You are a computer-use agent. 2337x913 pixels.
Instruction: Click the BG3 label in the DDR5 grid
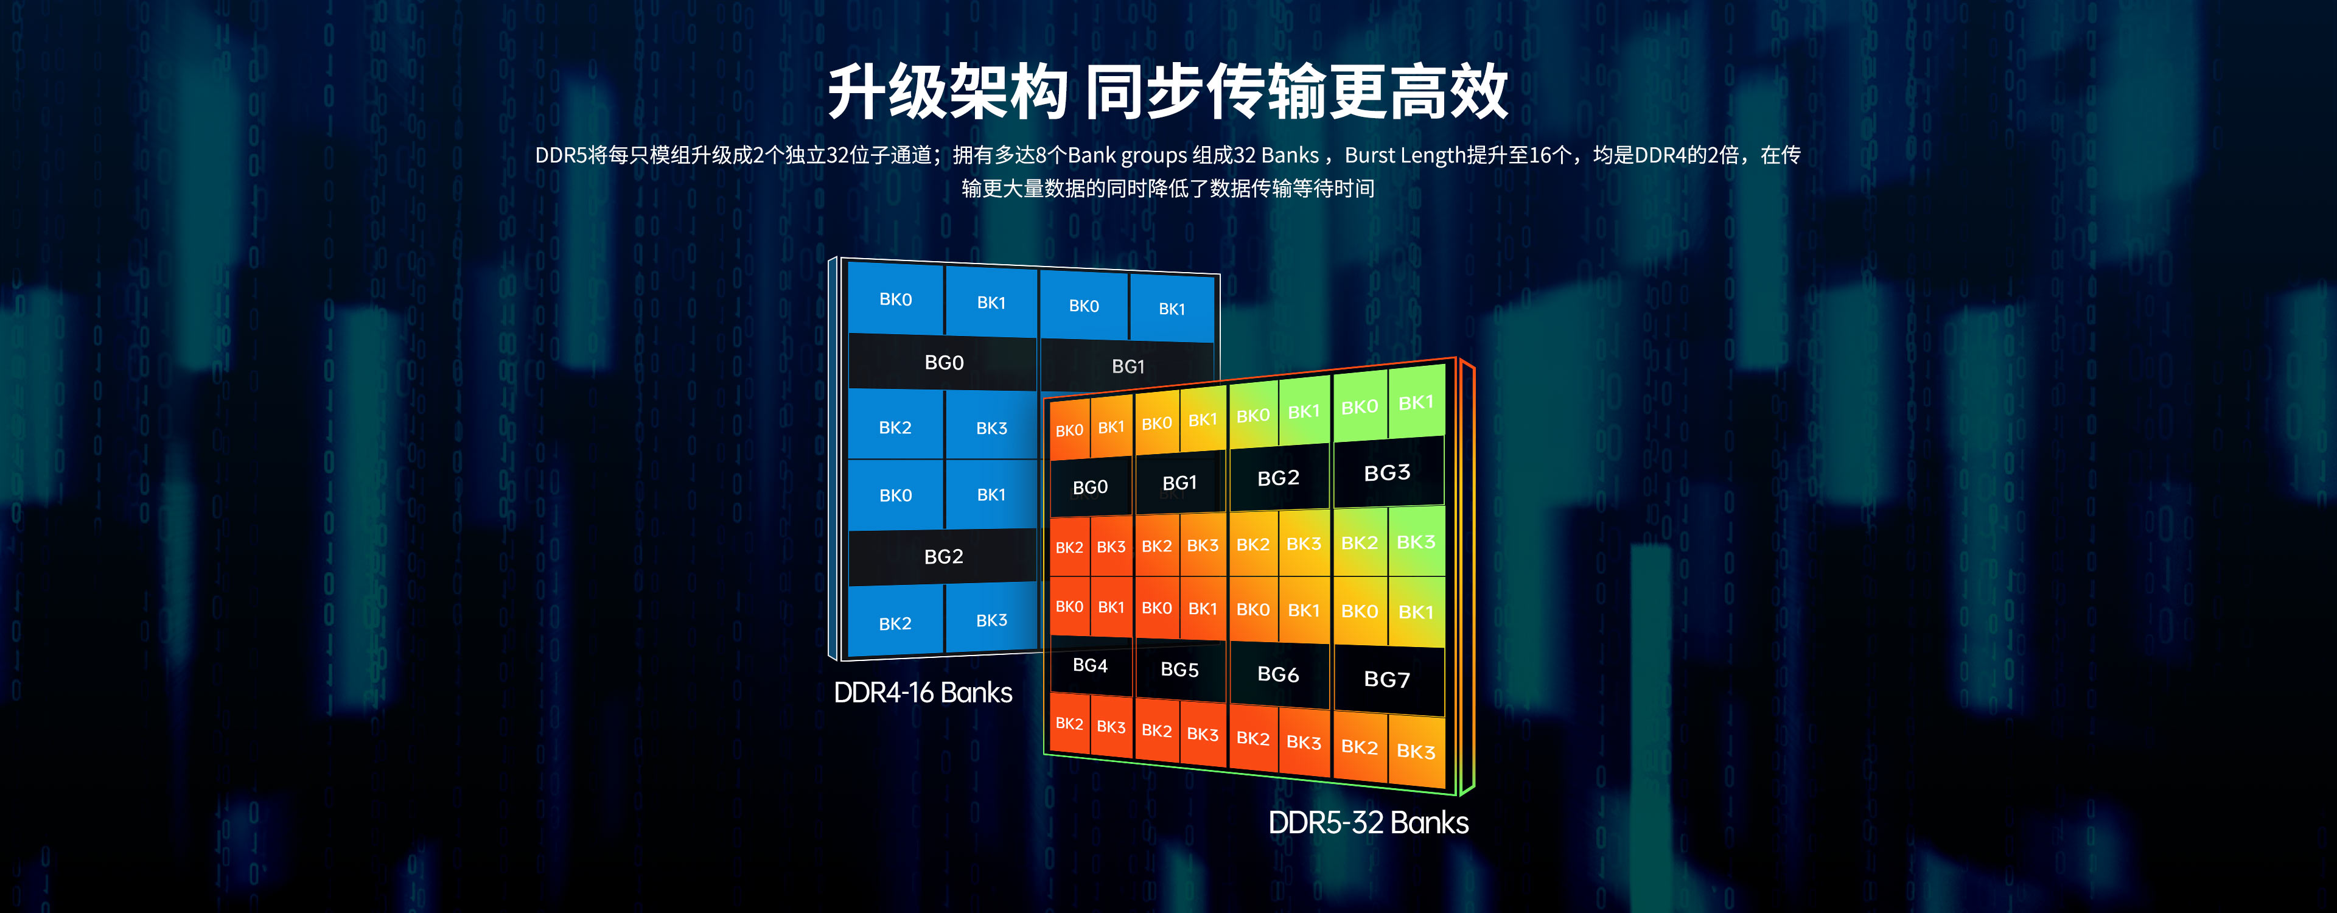tap(1387, 473)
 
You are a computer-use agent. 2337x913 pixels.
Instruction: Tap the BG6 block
tap(1278, 674)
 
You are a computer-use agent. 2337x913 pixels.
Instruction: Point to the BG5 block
tap(1179, 670)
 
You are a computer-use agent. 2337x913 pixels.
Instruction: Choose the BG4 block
tap(1091, 665)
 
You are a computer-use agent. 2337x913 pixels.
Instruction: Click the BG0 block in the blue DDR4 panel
tap(943, 363)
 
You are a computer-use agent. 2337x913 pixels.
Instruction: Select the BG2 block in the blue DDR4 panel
tap(943, 556)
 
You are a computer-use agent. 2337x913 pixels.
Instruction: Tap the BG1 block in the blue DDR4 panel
tap(1128, 366)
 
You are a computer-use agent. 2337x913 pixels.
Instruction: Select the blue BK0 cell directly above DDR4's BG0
tap(895, 299)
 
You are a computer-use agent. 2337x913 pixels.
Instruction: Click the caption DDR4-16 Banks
tap(923, 693)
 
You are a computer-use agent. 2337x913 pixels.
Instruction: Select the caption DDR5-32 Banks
tap(1368, 823)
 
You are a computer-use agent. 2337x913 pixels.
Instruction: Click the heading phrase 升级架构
tap(946, 93)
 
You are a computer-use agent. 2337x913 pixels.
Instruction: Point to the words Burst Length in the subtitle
tap(1405, 155)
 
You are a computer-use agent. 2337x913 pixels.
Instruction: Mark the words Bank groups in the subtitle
tap(1127, 155)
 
